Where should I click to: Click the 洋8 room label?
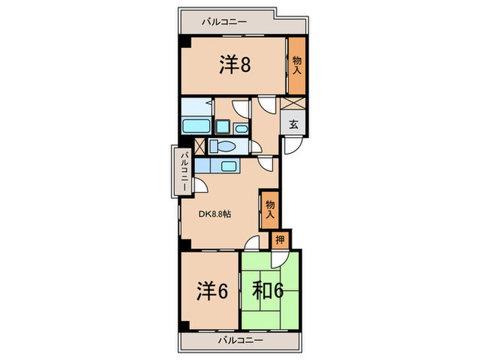click(x=235, y=65)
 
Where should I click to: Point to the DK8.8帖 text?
click(x=215, y=214)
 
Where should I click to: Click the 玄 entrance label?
click(x=293, y=125)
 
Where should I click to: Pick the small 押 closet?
click(x=280, y=239)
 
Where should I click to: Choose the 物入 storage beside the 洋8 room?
click(x=296, y=65)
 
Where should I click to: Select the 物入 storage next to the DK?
click(x=269, y=208)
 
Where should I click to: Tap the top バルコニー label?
click(x=224, y=22)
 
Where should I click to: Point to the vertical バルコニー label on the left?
click(x=184, y=170)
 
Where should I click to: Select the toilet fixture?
click(x=221, y=146)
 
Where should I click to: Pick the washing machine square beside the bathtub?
click(x=224, y=128)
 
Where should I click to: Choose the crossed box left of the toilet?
click(x=200, y=146)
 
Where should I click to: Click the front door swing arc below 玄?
click(x=291, y=145)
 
